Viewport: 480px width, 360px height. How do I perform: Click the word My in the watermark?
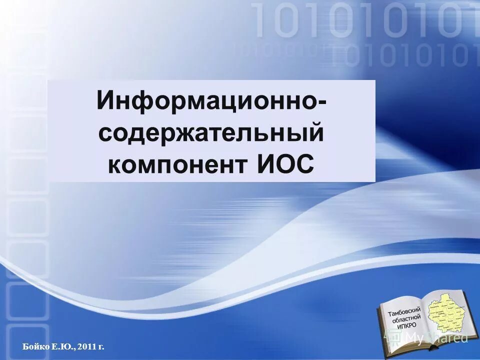click(x=414, y=338)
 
